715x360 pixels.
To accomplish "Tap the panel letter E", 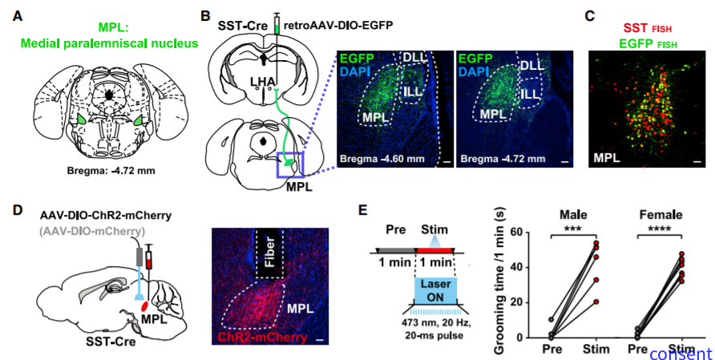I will pyautogui.click(x=363, y=211).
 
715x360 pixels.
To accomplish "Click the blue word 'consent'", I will pyautogui.click(x=680, y=354).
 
